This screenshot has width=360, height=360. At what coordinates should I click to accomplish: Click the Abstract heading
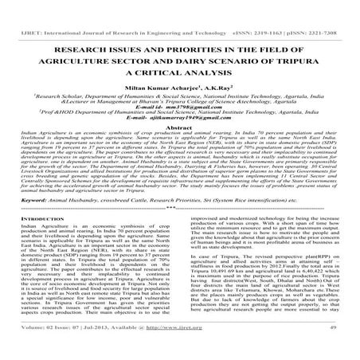(180, 127)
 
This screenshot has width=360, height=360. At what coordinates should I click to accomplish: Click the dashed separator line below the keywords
(180, 209)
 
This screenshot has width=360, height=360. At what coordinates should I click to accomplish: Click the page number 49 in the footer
(341, 350)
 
